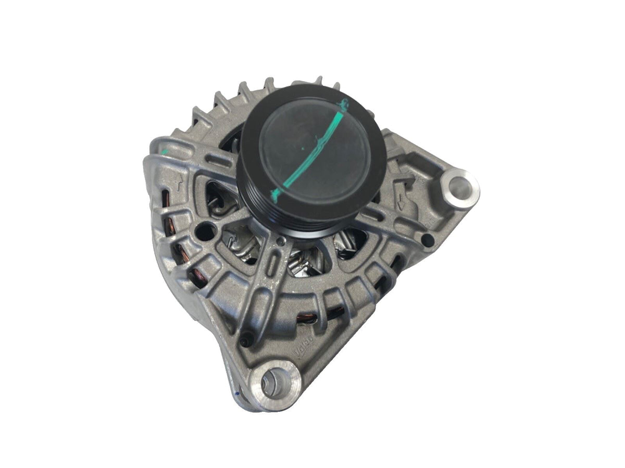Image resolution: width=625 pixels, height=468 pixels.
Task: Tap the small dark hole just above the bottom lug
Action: tap(243, 341)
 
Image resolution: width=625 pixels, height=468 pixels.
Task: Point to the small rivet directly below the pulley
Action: tap(282, 240)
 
